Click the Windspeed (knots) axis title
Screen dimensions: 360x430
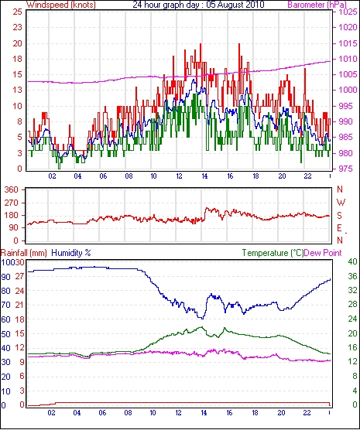tap(61, 5)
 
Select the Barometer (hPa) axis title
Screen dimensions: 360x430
tap(317, 5)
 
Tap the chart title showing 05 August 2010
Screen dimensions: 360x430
tap(198, 5)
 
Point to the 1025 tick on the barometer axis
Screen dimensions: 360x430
tap(348, 12)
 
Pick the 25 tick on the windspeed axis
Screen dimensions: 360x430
tap(17, 12)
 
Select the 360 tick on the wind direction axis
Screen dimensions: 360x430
tap(12, 189)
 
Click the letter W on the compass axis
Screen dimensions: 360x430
tap(341, 203)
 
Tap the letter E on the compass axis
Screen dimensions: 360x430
tap(340, 228)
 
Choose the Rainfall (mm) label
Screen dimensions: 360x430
tap(24, 253)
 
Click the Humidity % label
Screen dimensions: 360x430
tap(71, 253)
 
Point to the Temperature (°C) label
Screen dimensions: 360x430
tap(273, 253)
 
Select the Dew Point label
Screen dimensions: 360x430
tap(323, 253)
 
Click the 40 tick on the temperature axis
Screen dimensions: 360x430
tap(352, 262)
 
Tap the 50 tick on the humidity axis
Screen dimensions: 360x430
tap(5, 334)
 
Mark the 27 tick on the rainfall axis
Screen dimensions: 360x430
tap(19, 276)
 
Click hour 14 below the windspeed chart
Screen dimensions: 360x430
tap(204, 176)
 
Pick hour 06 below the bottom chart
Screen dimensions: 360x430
tap(102, 412)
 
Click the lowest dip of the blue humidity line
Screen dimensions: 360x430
tap(203, 319)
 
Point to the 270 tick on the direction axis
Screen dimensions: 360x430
tap(12, 203)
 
